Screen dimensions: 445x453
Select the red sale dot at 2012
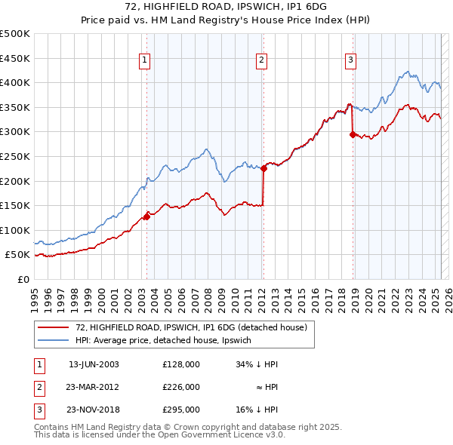pos(263,169)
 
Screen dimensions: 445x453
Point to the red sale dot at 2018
pos(353,135)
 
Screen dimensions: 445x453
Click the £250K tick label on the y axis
pos(15,156)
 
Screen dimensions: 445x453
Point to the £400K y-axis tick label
pos(15,82)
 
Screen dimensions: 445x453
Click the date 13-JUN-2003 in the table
pos(94,364)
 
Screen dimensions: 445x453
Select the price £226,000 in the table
pos(181,387)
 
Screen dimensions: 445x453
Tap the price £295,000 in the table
pos(181,410)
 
